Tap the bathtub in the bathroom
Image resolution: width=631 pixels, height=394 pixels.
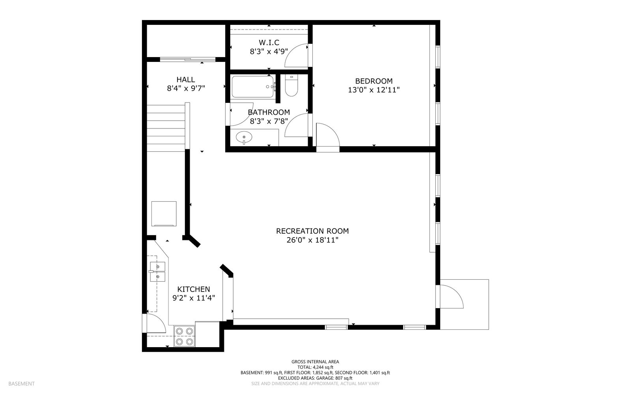(x=253, y=87)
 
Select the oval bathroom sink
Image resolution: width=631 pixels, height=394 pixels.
(x=244, y=138)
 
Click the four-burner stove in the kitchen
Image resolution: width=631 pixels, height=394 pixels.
(x=185, y=336)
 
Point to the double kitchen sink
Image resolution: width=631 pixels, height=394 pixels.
(x=157, y=271)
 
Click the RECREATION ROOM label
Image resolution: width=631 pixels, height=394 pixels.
(x=312, y=231)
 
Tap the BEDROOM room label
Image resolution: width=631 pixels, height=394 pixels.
(x=374, y=81)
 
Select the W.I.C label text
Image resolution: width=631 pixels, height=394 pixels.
(x=269, y=43)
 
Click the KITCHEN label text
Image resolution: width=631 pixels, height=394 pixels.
(x=194, y=289)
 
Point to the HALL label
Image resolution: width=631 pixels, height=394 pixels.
(x=186, y=79)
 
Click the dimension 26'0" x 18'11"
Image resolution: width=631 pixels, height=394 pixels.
(x=312, y=240)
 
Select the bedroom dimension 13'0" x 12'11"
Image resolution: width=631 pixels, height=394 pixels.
(x=374, y=90)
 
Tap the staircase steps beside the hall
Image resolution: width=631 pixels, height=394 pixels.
(x=166, y=128)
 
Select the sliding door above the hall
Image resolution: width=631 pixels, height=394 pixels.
(x=188, y=59)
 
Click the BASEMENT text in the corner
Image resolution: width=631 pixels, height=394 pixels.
(x=21, y=384)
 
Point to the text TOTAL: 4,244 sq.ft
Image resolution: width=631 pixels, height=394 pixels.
(x=315, y=367)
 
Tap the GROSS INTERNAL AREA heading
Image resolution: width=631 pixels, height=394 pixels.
(x=315, y=362)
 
